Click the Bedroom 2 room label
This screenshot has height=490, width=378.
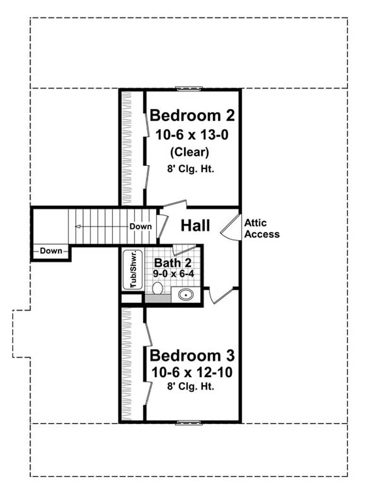(x=192, y=115)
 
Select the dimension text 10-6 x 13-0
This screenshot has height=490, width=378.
(x=192, y=135)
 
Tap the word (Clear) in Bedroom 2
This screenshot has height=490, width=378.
(x=192, y=152)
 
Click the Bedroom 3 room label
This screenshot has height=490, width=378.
(x=192, y=355)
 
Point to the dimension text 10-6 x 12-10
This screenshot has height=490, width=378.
(x=192, y=372)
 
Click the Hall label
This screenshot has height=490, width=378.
(x=195, y=226)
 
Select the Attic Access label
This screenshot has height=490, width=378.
(x=262, y=228)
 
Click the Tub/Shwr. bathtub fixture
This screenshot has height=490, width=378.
(x=130, y=269)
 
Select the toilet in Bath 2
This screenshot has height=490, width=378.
(x=157, y=288)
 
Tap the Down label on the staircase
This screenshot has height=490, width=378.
(x=141, y=227)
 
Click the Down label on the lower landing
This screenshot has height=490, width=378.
(x=51, y=251)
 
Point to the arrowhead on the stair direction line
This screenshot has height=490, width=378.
(x=77, y=227)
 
